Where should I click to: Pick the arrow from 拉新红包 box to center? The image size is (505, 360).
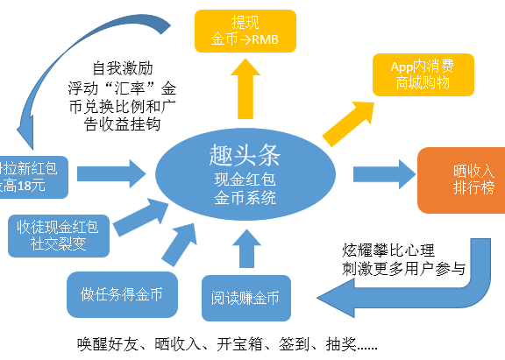pyautogui.click(x=109, y=168)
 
